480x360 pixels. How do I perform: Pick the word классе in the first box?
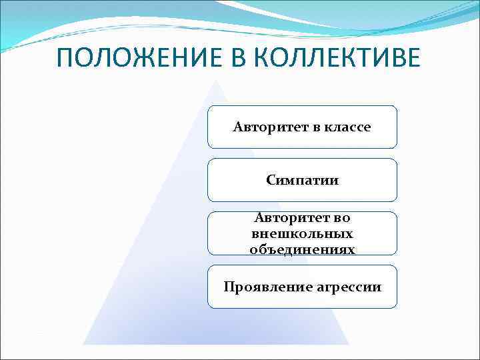347,127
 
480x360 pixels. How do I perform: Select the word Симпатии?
302,180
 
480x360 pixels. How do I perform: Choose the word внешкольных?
302,234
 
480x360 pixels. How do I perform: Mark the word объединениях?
302,249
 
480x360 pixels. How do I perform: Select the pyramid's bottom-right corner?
348,343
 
